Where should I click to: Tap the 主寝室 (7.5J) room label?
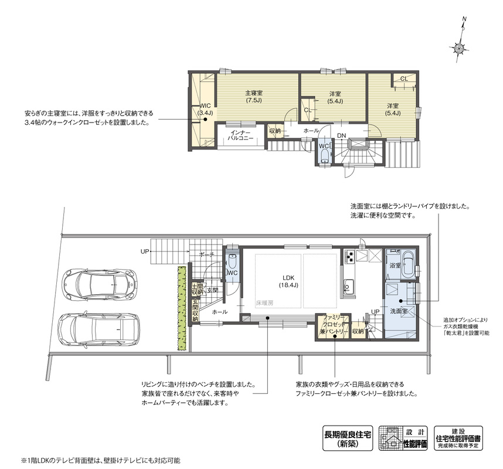click(254, 96)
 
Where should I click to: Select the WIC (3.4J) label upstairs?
click(205, 110)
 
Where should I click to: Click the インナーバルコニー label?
click(240, 135)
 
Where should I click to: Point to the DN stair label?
click(341, 135)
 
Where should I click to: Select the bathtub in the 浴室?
click(408, 264)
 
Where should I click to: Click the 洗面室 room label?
click(399, 311)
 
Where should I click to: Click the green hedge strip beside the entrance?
click(182, 308)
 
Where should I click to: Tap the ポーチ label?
click(206, 254)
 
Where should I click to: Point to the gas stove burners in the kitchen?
click(349, 256)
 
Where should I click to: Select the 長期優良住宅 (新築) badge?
click(348, 439)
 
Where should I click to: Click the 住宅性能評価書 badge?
click(458, 438)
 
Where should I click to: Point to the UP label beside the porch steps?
click(145, 252)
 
